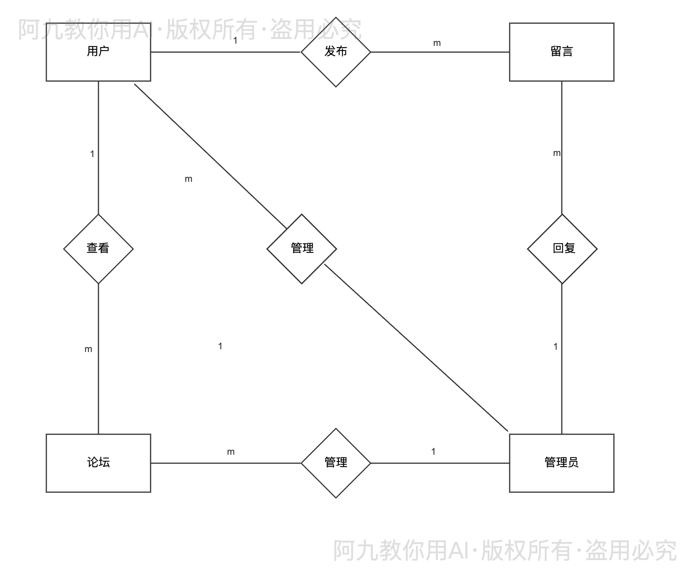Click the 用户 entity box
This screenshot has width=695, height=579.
98,52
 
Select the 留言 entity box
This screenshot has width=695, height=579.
561,52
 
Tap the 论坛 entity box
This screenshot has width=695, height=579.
98,463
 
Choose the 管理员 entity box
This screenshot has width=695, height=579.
561,463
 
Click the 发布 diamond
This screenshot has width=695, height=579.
336,52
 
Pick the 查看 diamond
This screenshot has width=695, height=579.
98,249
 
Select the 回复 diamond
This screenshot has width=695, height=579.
562,249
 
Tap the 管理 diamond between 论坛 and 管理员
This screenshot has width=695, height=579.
336,463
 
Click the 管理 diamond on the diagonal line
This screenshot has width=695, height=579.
302,249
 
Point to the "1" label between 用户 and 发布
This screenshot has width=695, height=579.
235,40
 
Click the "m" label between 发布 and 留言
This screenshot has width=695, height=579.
437,43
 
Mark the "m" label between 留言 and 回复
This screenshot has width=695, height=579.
556,153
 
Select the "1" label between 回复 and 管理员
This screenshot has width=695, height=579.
555,347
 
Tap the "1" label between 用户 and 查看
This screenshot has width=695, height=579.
92,154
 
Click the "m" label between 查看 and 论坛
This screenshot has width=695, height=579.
88,349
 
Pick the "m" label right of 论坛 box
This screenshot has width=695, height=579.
231,452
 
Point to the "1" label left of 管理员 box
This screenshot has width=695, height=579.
433,452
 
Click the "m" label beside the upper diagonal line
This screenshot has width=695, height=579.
188,179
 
